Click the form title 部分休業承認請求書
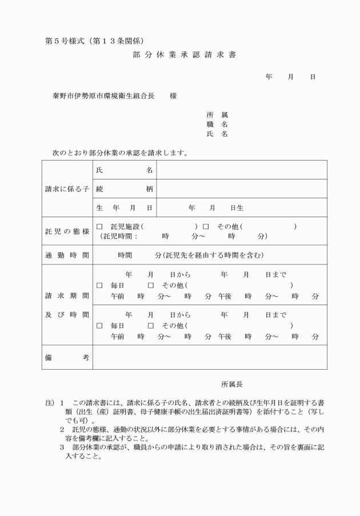click(180, 55)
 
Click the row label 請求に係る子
click(67, 189)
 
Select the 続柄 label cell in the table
click(124, 189)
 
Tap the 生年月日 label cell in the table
click(124, 208)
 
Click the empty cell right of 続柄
click(241, 189)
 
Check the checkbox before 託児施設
click(99, 226)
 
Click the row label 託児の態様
click(67, 231)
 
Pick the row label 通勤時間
click(67, 255)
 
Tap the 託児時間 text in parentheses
click(119, 236)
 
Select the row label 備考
click(67, 357)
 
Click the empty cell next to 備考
click(210, 357)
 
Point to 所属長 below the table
click(232, 384)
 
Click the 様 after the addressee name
click(173, 96)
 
